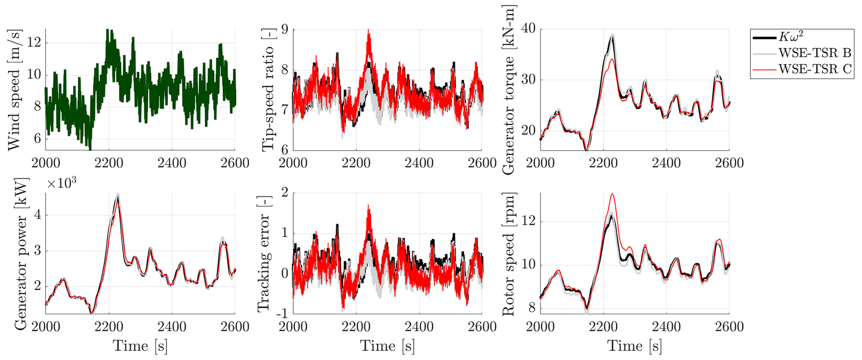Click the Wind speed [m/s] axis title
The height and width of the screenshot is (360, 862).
[x=13, y=90]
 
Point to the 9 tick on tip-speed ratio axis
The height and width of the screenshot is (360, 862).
[x=286, y=30]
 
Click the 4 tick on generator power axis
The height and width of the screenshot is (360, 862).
[x=38, y=215]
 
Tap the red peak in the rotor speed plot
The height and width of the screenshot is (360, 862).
[x=612, y=194]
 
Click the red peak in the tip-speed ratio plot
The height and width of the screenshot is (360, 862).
[x=368, y=30]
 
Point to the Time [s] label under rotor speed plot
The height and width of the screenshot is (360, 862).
[x=634, y=346]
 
